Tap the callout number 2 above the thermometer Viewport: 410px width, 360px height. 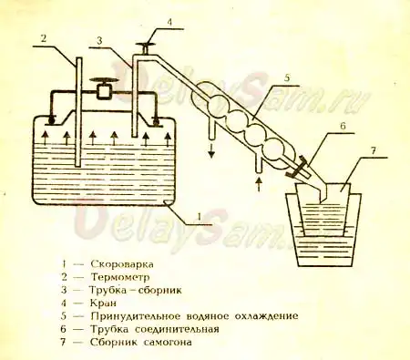pos(41,38)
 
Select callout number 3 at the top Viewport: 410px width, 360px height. pos(97,41)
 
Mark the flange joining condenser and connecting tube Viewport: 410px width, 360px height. pos(297,169)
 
